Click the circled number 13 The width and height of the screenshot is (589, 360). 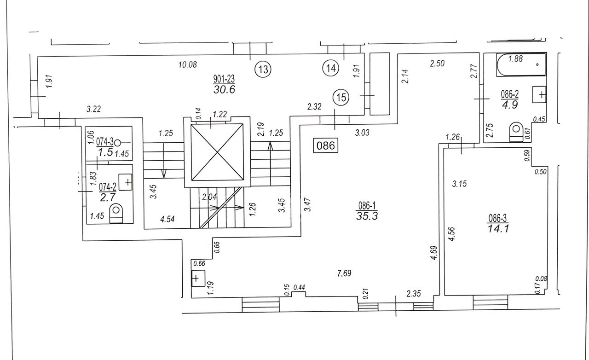point(263,70)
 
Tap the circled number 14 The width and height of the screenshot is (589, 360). point(330,68)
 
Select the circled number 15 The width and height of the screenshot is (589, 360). point(341,97)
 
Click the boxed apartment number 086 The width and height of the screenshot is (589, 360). point(326,146)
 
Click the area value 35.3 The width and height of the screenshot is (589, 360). point(367,216)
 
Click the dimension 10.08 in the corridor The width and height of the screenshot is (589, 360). point(187,64)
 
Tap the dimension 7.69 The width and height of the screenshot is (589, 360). point(345,273)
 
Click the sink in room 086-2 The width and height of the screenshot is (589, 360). point(539,95)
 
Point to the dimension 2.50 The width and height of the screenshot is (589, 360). point(437,64)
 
